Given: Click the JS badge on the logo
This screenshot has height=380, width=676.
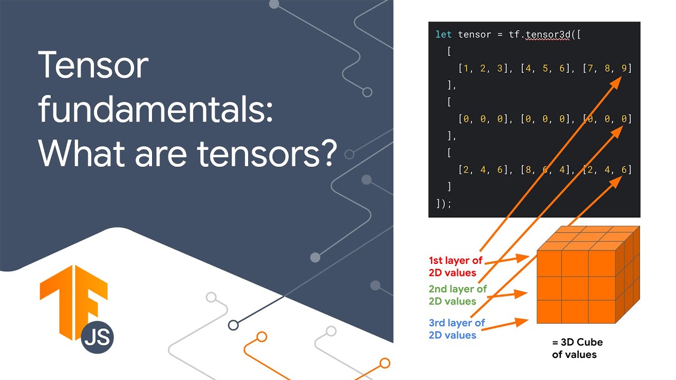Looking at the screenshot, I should (98, 337).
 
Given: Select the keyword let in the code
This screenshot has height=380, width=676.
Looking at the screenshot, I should (444, 35).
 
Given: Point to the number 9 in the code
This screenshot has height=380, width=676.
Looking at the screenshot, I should (627, 69).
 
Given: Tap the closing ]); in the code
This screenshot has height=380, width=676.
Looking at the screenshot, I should (444, 203).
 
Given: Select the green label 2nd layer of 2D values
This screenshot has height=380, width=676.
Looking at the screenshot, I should (458, 295).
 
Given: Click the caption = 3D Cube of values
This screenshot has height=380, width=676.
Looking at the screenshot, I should (577, 348).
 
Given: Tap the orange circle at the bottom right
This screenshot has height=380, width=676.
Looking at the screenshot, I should (385, 363).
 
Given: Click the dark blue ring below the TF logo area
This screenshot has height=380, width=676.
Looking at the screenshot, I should (233, 325).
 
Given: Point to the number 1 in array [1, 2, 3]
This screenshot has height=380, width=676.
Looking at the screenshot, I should (463, 69).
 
